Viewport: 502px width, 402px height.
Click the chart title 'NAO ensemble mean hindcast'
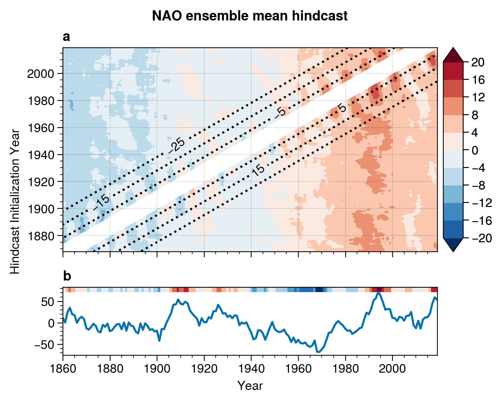pyautogui.click(x=250, y=16)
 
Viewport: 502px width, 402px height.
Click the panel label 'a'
pyautogui.click(x=66, y=37)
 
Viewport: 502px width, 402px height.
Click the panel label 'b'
pyautogui.click(x=67, y=276)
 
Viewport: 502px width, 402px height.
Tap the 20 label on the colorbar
pyautogui.click(x=478, y=62)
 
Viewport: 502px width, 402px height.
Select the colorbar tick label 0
pyautogui.click(x=475, y=151)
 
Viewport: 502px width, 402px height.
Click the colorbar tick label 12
pyautogui.click(x=478, y=97)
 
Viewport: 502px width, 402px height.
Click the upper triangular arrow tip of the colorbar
pyautogui.click(x=453, y=48)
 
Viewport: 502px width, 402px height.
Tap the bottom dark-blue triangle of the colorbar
pyautogui.click(x=453, y=245)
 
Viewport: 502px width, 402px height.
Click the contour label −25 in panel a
pyautogui.click(x=177, y=146)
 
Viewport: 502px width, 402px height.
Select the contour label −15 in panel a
pyautogui.click(x=101, y=202)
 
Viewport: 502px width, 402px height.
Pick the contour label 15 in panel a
pyautogui.click(x=258, y=170)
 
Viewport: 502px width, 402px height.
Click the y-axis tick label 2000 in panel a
pyautogui.click(x=41, y=74)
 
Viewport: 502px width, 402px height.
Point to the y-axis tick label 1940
pyautogui.click(x=41, y=155)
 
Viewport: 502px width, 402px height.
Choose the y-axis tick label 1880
pyautogui.click(x=41, y=236)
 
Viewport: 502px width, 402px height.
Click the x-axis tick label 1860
pyautogui.click(x=63, y=369)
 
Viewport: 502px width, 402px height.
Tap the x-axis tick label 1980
pyautogui.click(x=345, y=369)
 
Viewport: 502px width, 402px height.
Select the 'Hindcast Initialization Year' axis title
pyautogui.click(x=15, y=201)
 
